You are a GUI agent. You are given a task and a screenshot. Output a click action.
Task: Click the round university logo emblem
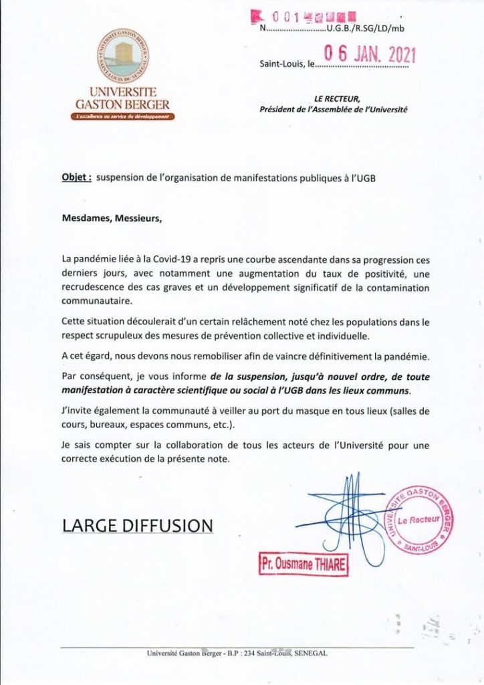(x=122, y=56)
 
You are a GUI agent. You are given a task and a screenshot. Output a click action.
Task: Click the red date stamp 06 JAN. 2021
(x=369, y=55)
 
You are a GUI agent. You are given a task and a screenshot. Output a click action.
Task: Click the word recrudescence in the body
(x=96, y=286)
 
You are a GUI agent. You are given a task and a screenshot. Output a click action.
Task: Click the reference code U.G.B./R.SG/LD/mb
(x=365, y=28)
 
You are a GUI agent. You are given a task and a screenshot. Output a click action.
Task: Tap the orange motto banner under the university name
(x=122, y=116)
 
